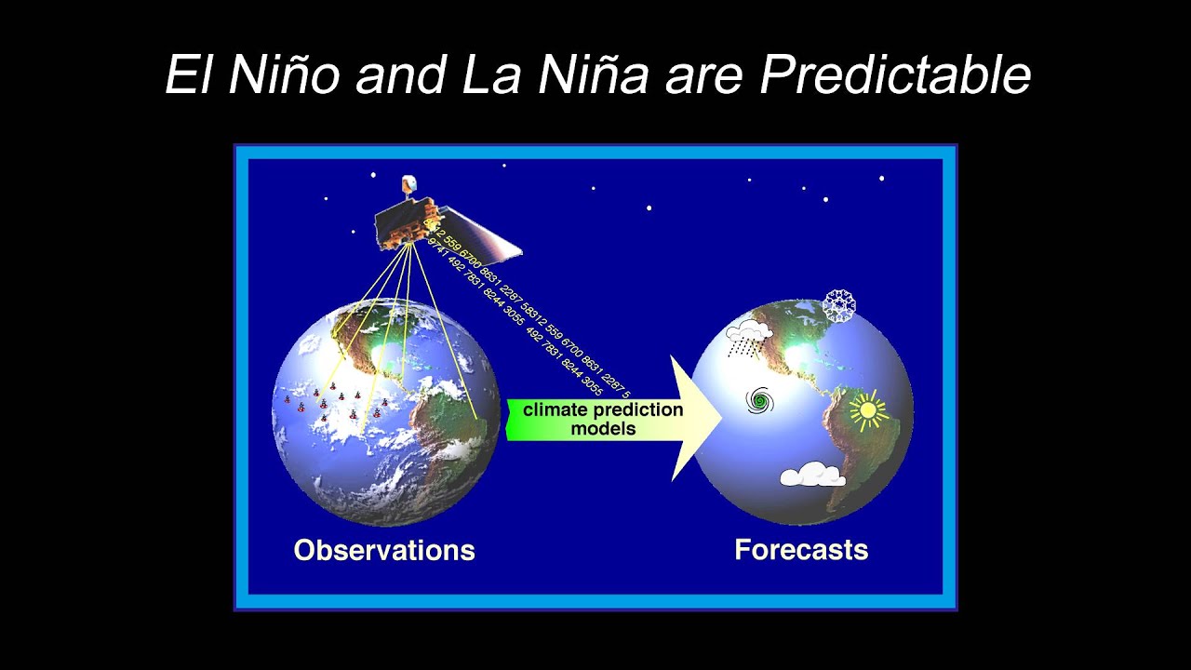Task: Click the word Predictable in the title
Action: tap(895, 74)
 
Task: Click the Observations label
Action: tap(384, 550)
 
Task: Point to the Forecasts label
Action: tap(801, 550)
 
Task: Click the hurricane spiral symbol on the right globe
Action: tap(760, 401)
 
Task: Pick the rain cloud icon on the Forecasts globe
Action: tap(749, 337)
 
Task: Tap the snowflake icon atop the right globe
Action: tap(839, 306)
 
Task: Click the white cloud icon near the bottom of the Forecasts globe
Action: tap(811, 476)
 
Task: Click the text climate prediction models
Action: tap(603, 419)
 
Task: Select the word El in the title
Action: tap(191, 74)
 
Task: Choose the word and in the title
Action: tap(403, 74)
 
